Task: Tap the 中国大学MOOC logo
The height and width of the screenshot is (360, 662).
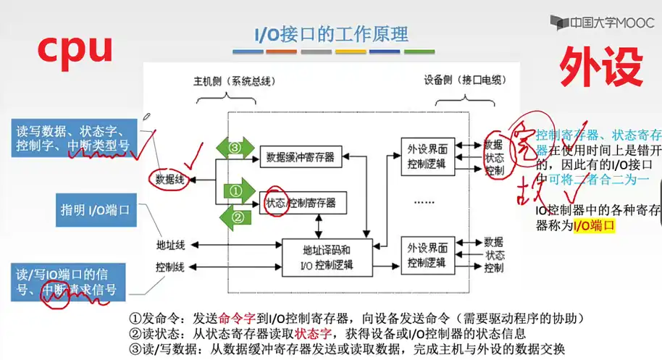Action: pos(601,22)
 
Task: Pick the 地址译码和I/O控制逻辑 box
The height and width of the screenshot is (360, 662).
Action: pos(327,256)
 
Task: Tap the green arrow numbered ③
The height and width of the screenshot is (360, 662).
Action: pos(235,146)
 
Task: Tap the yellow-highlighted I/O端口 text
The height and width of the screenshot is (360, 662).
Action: pos(593,225)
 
